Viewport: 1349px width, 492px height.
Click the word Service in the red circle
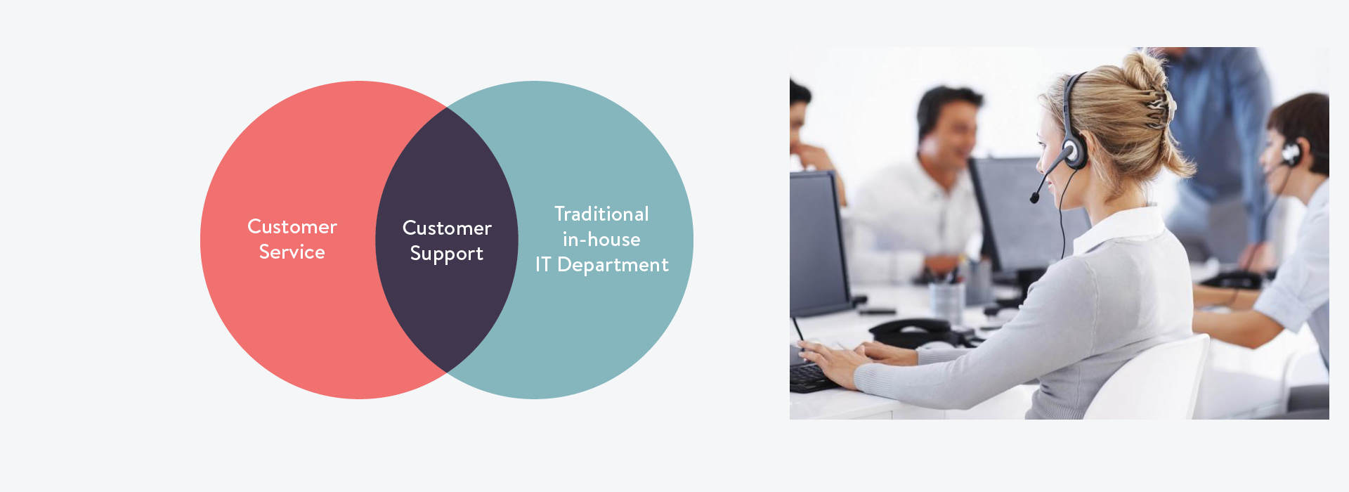(x=292, y=252)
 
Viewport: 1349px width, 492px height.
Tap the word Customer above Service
(x=292, y=226)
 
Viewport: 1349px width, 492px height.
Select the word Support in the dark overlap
(x=447, y=254)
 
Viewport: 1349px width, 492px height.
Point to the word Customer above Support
(x=447, y=228)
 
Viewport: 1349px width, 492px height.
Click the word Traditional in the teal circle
(x=601, y=214)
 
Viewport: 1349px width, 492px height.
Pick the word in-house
(x=601, y=239)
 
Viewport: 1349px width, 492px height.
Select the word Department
(x=613, y=265)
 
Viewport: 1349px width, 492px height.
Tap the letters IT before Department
(x=542, y=264)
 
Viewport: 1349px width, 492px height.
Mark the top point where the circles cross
(x=447, y=107)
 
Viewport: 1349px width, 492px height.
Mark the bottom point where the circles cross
(x=447, y=373)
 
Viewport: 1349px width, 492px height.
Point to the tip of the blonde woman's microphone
(x=1034, y=198)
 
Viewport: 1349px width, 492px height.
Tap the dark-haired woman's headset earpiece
(x=1291, y=153)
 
